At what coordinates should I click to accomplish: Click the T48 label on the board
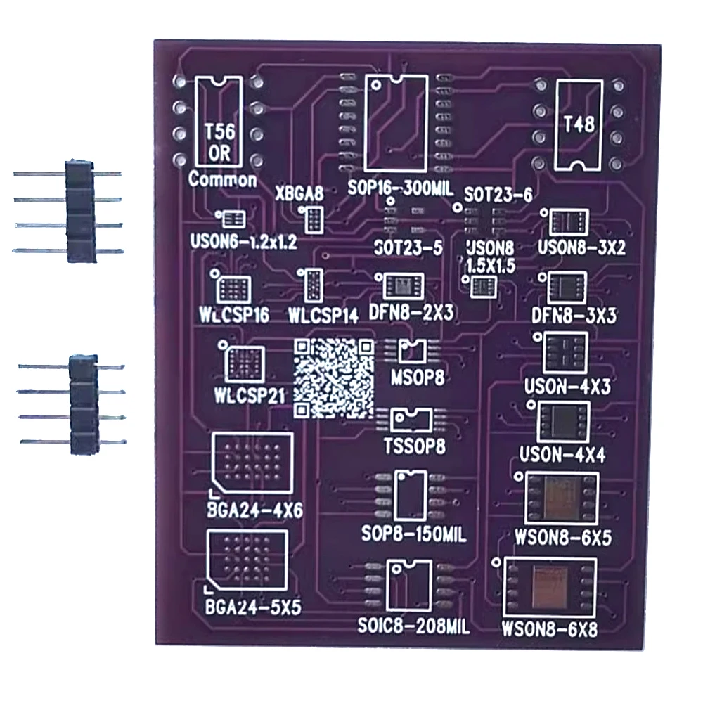pos(579,124)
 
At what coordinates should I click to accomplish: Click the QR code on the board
pos(333,378)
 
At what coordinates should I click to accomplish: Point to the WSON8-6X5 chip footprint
pos(562,498)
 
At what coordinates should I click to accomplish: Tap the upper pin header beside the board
pos(79,211)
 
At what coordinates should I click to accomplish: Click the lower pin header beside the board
pos(82,404)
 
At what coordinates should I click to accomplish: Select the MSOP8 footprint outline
pos(412,349)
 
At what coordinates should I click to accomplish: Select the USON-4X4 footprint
pos(563,422)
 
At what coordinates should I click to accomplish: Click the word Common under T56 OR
pos(222,179)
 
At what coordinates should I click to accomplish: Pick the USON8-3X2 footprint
pos(567,223)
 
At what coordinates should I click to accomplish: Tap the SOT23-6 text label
pos(498,196)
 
